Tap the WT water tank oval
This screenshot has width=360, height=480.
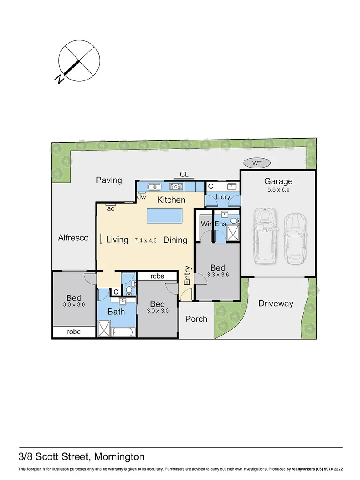256,163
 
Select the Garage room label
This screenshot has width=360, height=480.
279,181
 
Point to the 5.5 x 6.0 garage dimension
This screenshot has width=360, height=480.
279,189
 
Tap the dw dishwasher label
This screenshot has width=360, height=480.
142,197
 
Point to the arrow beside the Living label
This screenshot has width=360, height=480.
101,239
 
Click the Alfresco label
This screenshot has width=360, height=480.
73,238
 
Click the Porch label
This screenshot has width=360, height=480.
196,319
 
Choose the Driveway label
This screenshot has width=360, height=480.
276,304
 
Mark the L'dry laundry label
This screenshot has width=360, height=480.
222,197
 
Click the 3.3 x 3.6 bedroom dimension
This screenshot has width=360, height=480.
218,275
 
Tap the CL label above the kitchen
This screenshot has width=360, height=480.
184,174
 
